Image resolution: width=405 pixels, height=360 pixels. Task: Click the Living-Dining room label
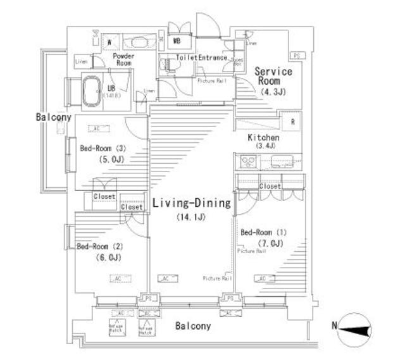[190, 204]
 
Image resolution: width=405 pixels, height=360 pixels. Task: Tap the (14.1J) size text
[190, 218]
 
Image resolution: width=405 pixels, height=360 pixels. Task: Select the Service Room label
[273, 77]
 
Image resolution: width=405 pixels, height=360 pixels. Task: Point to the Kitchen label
[263, 137]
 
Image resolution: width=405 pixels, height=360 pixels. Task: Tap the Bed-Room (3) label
[103, 149]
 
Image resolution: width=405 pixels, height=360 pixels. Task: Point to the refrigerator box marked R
[292, 122]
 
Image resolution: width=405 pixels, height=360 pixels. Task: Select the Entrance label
[213, 58]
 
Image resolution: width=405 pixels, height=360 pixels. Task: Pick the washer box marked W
[110, 43]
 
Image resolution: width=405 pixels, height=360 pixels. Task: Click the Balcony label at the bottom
[193, 326]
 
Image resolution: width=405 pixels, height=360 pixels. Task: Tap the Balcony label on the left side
[53, 118]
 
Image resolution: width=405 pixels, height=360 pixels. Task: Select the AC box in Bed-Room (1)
[261, 277]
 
